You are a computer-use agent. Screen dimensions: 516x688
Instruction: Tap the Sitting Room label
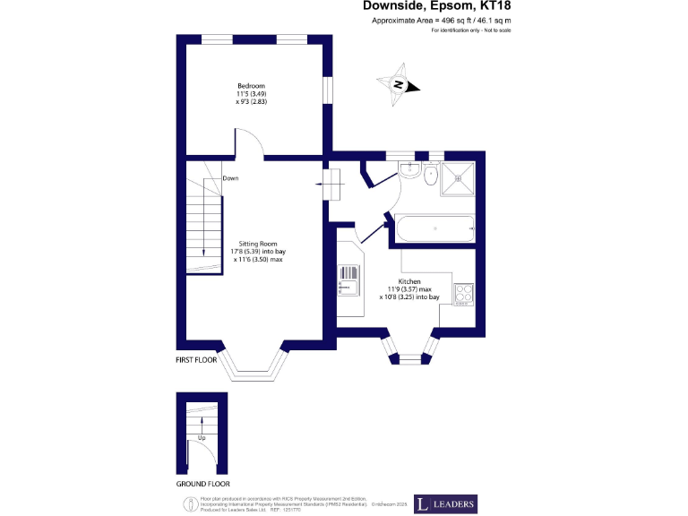pyautogui.click(x=257, y=244)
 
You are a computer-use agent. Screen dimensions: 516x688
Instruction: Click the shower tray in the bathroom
pyautogui.click(x=462, y=183)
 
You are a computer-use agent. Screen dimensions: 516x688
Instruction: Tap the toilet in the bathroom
pyautogui.click(x=431, y=176)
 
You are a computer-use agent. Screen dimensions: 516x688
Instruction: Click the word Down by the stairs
pyautogui.click(x=230, y=178)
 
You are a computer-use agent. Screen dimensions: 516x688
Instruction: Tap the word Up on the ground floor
pyautogui.click(x=202, y=438)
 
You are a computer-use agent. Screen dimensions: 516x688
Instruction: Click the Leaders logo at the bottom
pyautogui.click(x=445, y=503)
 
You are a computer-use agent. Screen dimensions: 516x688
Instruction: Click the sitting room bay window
pyautogui.click(x=257, y=361)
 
